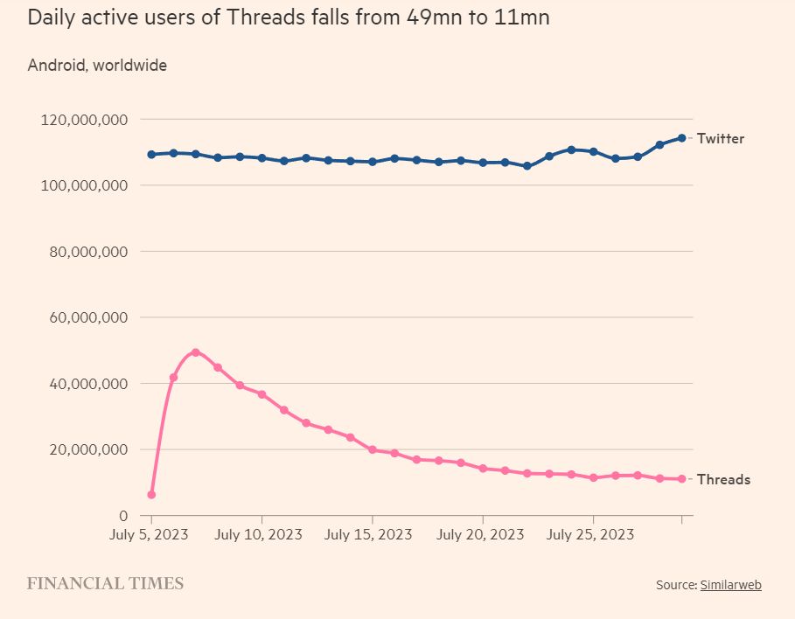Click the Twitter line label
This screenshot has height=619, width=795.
pos(721,138)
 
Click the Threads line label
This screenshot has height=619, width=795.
pos(723,479)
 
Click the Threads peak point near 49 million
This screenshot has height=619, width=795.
pos(195,352)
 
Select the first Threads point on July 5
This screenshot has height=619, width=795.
pos(151,495)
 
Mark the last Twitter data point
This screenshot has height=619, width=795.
pos(681,138)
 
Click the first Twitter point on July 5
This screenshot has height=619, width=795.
pos(151,155)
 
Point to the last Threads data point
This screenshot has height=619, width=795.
pos(681,479)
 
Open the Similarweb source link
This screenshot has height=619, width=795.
pos(730,585)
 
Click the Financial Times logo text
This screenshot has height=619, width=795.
pos(105,583)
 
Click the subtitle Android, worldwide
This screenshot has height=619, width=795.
pos(97,65)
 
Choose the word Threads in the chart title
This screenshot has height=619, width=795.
pos(261,17)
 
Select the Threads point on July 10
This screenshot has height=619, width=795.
pos(262,394)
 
